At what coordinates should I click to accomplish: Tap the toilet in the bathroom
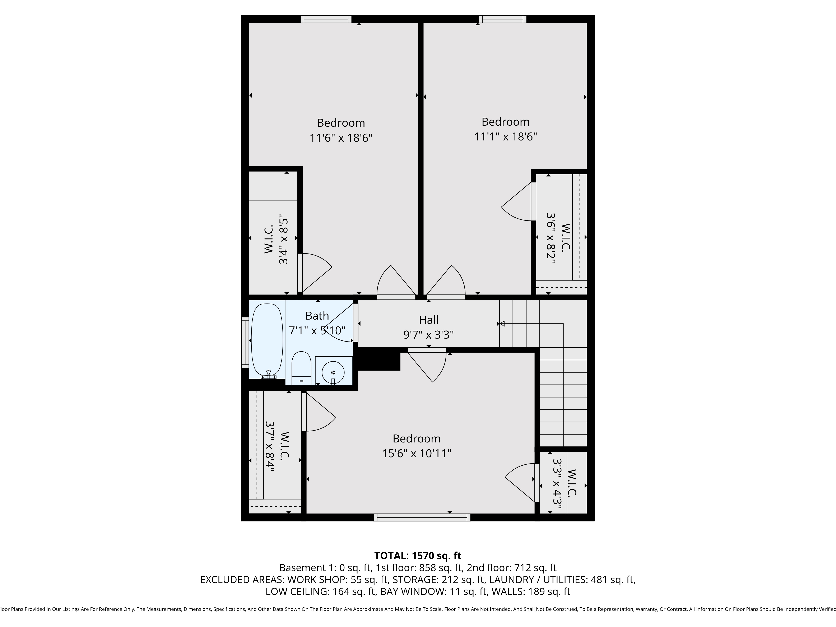pyautogui.click(x=301, y=367)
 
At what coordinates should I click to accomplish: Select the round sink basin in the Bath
pyautogui.click(x=333, y=372)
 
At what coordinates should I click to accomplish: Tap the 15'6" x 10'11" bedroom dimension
pyautogui.click(x=417, y=453)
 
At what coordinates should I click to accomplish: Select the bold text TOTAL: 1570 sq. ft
pyautogui.click(x=418, y=556)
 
